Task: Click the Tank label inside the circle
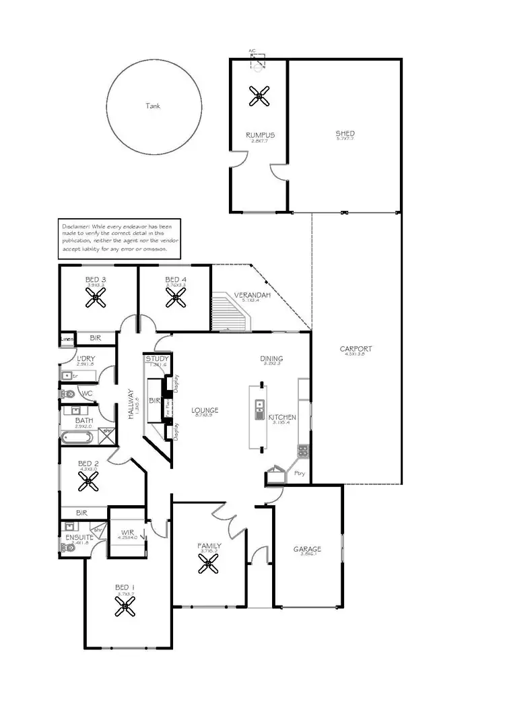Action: tap(154, 106)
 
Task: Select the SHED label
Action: tap(345, 133)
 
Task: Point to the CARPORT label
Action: tap(356, 349)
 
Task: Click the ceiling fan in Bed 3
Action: tap(96, 300)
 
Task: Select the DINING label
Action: tap(271, 359)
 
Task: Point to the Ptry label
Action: tap(300, 474)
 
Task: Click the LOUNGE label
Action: tap(205, 410)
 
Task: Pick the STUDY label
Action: tap(157, 359)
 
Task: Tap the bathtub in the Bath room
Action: tap(76, 439)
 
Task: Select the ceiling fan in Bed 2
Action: tap(88, 481)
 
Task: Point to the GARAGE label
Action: tap(307, 549)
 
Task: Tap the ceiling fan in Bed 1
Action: tap(125, 609)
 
